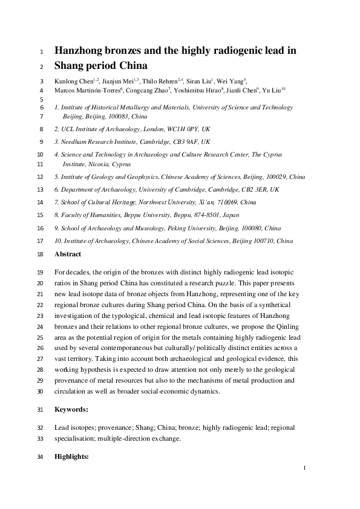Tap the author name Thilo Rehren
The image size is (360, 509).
coord(160,82)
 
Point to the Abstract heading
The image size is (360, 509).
coord(67,255)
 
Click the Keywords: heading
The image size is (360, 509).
coord(71,409)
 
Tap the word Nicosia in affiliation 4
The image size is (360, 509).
coord(100,164)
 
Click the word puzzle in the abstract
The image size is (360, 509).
coord(245,282)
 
